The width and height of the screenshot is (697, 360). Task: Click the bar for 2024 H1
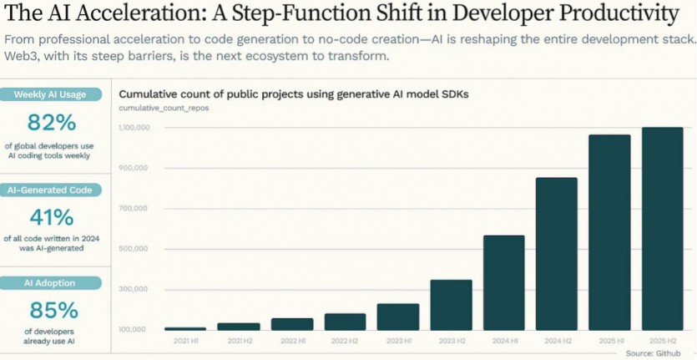pos(504,283)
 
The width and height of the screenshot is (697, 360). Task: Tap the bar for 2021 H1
pos(185,329)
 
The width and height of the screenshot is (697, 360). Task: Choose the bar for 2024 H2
pos(557,254)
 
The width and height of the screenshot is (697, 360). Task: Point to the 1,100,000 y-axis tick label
pos(134,128)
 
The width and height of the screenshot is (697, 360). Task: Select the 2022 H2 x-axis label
pos(345,341)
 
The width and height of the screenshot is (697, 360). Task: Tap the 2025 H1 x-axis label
pos(609,341)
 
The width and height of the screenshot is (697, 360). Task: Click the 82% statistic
pos(52,123)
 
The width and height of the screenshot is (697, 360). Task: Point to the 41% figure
pos(52,217)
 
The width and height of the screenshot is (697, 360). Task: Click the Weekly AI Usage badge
pos(50,94)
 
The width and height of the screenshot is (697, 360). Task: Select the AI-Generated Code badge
pos(51,190)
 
